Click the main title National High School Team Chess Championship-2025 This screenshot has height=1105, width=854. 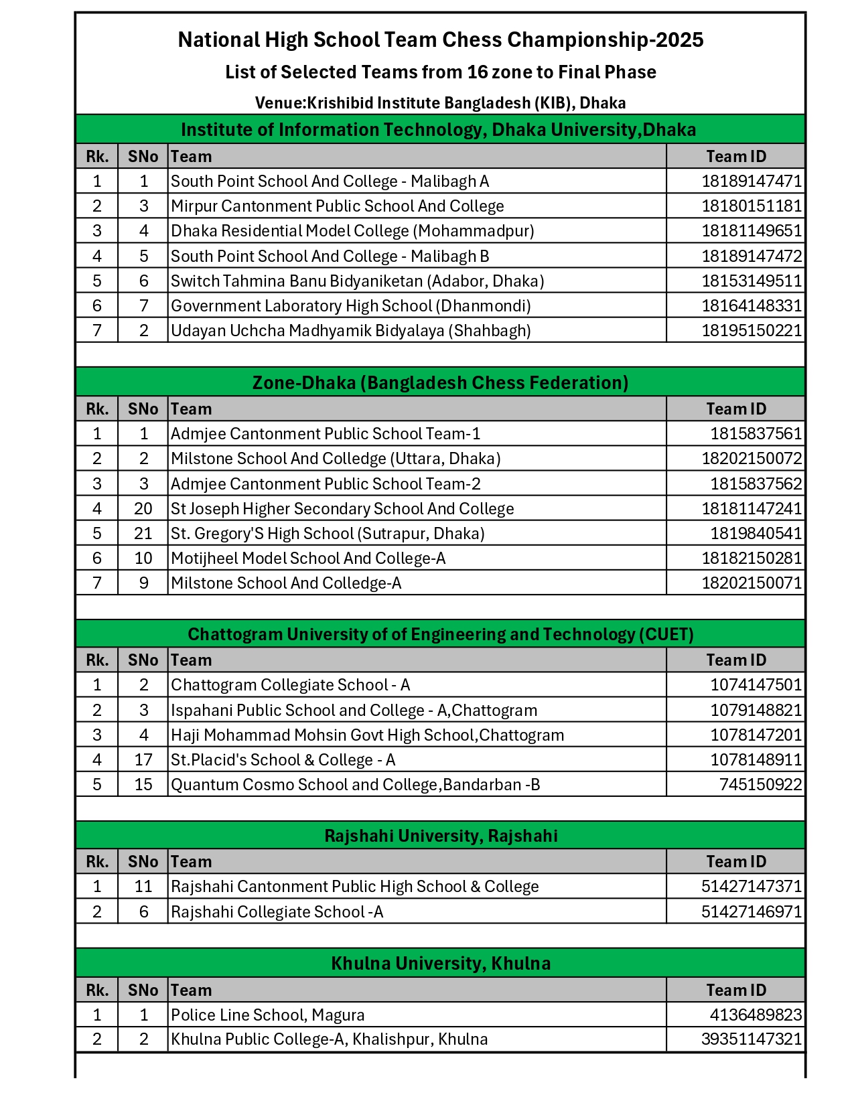pyautogui.click(x=440, y=40)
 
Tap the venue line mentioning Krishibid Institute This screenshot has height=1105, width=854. pyautogui.click(x=440, y=103)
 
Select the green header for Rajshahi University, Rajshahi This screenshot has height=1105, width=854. pyautogui.click(x=440, y=836)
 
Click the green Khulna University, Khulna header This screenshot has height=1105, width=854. pyautogui.click(x=440, y=964)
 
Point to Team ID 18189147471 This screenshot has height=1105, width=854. pyautogui.click(x=751, y=181)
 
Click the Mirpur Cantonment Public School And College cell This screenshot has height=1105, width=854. pyautogui.click(x=337, y=206)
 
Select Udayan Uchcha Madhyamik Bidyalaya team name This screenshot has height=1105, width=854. pyautogui.click(x=350, y=331)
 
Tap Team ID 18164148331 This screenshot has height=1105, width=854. pyautogui.click(x=751, y=306)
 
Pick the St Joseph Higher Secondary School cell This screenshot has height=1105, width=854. pyautogui.click(x=342, y=509)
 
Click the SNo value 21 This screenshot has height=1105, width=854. pyautogui.click(x=143, y=534)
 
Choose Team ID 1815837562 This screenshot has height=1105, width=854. pyautogui.click(x=756, y=484)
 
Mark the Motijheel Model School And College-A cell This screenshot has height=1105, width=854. pyautogui.click(x=308, y=559)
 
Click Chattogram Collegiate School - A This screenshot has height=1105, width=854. pyautogui.click(x=290, y=685)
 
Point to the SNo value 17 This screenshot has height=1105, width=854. pyautogui.click(x=143, y=760)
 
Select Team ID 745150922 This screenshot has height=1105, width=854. pyautogui.click(x=760, y=785)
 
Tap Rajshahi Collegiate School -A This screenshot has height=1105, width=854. pyautogui.click(x=277, y=912)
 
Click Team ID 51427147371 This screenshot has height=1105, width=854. pyautogui.click(x=751, y=887)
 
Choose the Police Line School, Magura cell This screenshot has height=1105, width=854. pyautogui.click(x=267, y=1015)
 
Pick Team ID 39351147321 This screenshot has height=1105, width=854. pyautogui.click(x=751, y=1039)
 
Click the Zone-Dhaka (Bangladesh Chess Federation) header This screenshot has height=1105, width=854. pyautogui.click(x=440, y=383)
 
